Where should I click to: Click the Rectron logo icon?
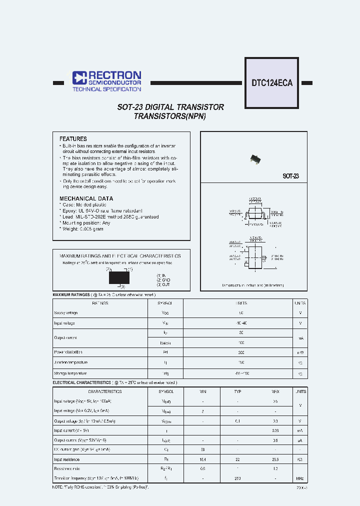pyautogui.click(x=79, y=77)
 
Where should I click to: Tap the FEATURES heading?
pyautogui.click(x=73, y=139)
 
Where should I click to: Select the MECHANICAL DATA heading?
pyautogui.click(x=86, y=198)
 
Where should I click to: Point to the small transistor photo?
pyautogui.click(x=255, y=158)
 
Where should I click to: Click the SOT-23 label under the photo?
pyautogui.click(x=290, y=176)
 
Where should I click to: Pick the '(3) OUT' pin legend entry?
pyautogui.click(x=163, y=284)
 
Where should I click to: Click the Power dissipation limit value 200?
pyautogui.click(x=241, y=352)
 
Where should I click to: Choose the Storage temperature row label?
pyautogui.click(x=70, y=373)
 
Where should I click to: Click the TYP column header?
pyautogui.click(x=237, y=391)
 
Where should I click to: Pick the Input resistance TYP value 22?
pyautogui.click(x=237, y=459)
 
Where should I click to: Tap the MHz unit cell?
pyautogui.click(x=300, y=478)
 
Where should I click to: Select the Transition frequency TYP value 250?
pyautogui.click(x=237, y=478)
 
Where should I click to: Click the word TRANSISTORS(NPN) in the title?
pyautogui.click(x=170, y=116)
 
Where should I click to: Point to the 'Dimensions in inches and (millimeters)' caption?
pyautogui.click(x=253, y=285)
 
